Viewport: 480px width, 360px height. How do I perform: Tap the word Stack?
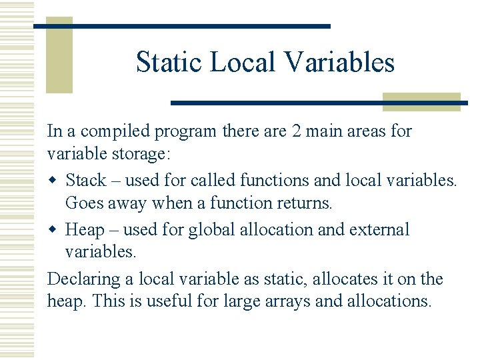click(86, 180)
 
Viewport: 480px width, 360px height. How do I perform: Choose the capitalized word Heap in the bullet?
click(85, 229)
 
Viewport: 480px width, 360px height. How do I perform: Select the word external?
click(377, 229)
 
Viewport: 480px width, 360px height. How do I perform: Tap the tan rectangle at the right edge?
click(421, 101)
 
